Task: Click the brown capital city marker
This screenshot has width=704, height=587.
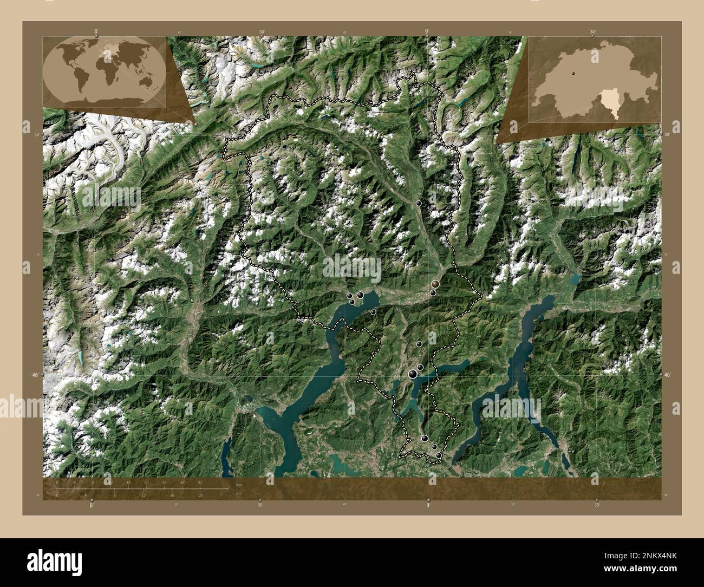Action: coord(435,284)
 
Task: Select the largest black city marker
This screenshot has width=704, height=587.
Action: coord(413,374)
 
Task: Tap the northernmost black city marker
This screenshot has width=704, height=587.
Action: coord(419,203)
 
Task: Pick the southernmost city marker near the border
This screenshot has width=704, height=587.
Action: coord(439,456)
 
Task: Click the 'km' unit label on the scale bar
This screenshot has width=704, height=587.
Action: coord(239,484)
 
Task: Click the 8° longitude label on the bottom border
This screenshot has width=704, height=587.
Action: coord(92,505)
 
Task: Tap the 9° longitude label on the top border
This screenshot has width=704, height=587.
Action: coord(427,32)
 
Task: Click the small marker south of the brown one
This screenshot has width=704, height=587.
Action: coord(433,293)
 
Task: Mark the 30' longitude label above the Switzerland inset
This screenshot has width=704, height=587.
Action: coord(594,32)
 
